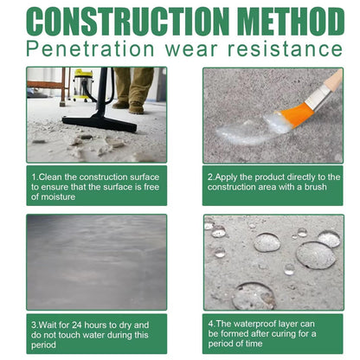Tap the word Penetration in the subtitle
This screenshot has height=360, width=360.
pyautogui.click(x=86, y=49)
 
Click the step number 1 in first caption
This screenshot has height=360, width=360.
pyautogui.click(x=34, y=177)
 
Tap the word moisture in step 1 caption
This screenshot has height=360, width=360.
pyautogui.click(x=53, y=197)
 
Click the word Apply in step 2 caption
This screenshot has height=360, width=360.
pyautogui.click(x=228, y=177)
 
